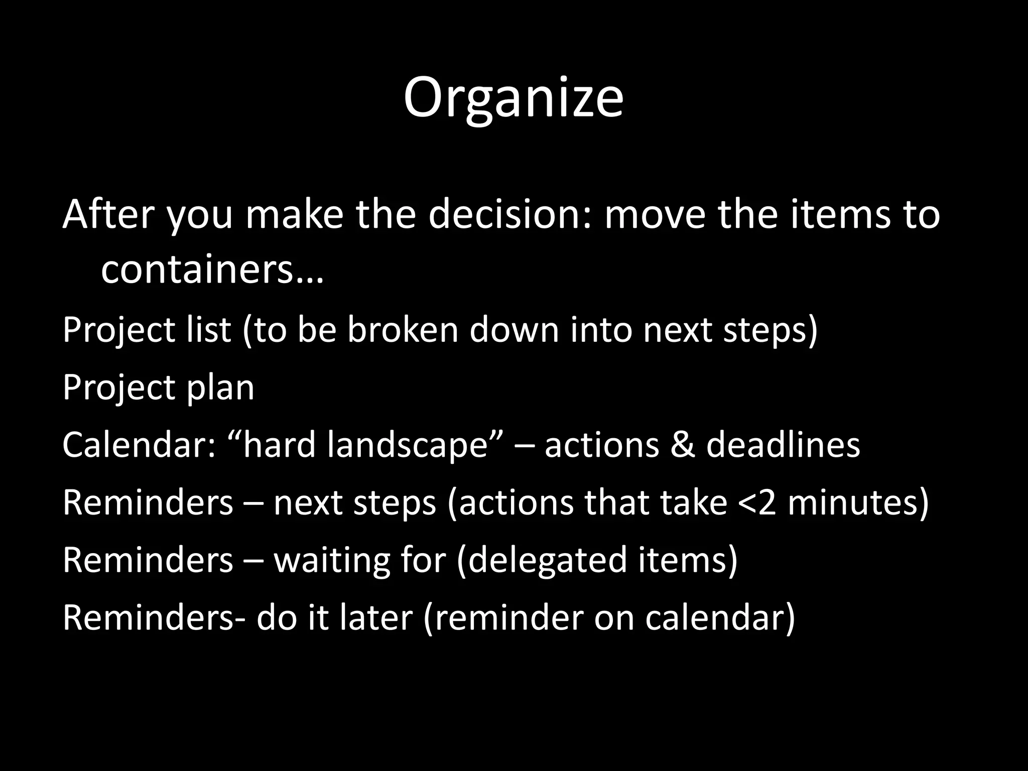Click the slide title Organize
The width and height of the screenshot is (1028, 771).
513,98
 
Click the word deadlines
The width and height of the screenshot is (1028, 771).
783,445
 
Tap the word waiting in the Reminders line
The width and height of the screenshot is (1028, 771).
332,560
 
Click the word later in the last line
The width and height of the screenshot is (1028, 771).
375,618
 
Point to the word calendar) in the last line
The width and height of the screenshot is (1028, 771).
720,618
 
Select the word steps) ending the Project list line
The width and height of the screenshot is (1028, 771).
770,330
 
